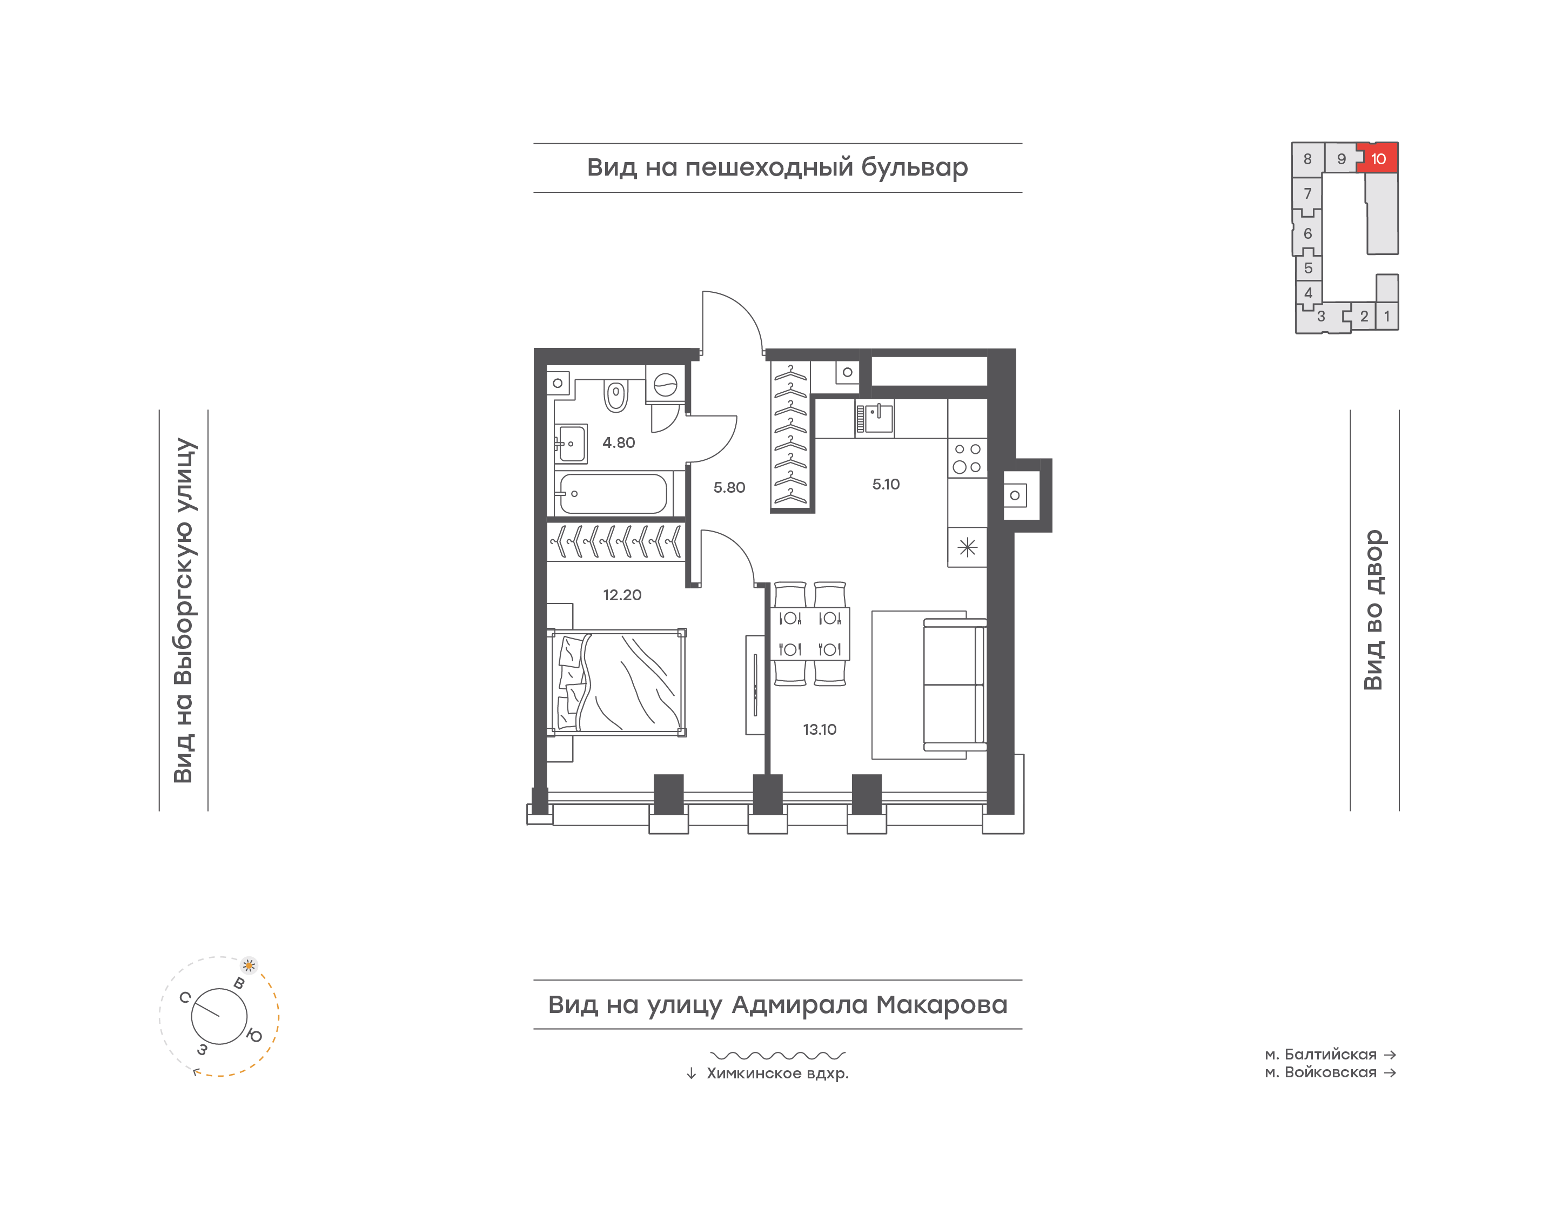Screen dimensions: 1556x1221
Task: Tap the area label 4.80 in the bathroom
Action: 618,442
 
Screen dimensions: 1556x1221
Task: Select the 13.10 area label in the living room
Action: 819,729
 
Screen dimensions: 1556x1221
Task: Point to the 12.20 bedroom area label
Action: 622,595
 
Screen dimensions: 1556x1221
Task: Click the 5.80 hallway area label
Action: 729,487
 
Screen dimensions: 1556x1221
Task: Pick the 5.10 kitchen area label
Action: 886,484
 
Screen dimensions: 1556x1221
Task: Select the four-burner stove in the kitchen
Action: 967,458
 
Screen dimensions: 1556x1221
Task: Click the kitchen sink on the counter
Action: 875,418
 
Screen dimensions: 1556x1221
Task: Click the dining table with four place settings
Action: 810,633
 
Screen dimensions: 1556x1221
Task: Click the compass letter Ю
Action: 254,1035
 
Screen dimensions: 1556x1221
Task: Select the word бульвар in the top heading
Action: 914,167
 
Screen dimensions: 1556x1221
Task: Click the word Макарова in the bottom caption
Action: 942,1004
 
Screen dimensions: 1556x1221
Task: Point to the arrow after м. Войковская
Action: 1390,1072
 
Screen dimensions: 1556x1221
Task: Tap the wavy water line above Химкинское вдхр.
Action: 777,1055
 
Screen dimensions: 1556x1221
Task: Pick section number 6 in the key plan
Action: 1308,234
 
